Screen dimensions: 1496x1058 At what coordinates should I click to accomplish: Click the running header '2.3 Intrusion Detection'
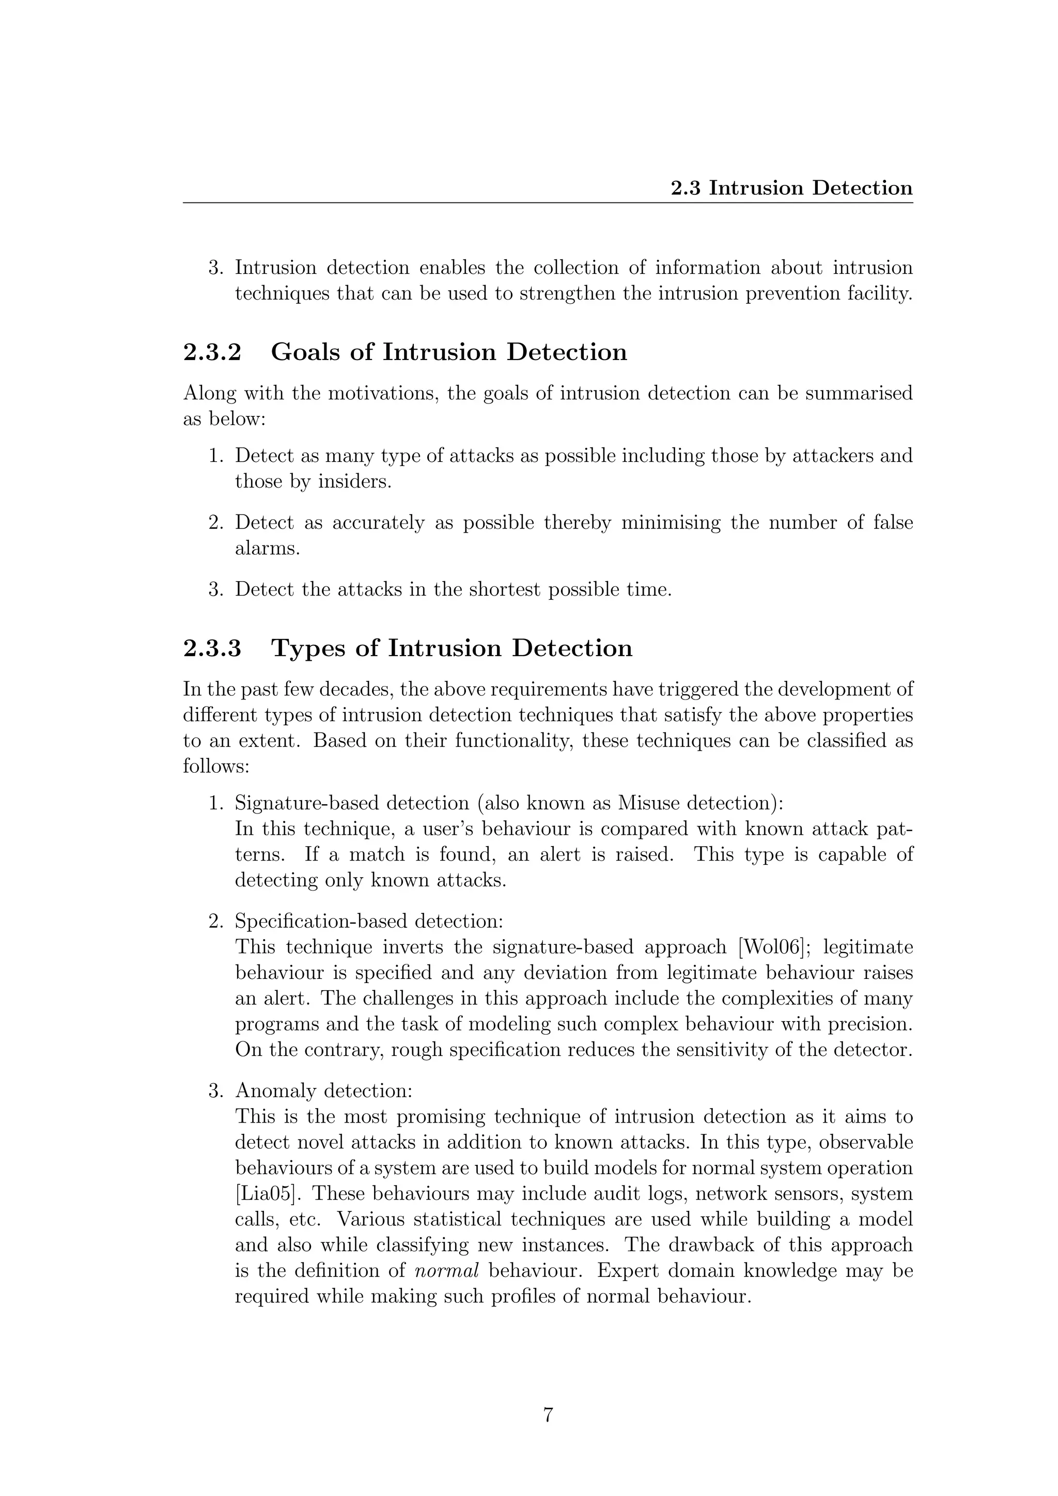pos(791,189)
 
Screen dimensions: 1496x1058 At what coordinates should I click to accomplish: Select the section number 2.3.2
pos(212,352)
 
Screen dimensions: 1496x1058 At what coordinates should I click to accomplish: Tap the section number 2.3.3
pos(212,648)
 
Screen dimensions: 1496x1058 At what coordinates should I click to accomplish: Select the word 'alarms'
pos(267,549)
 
